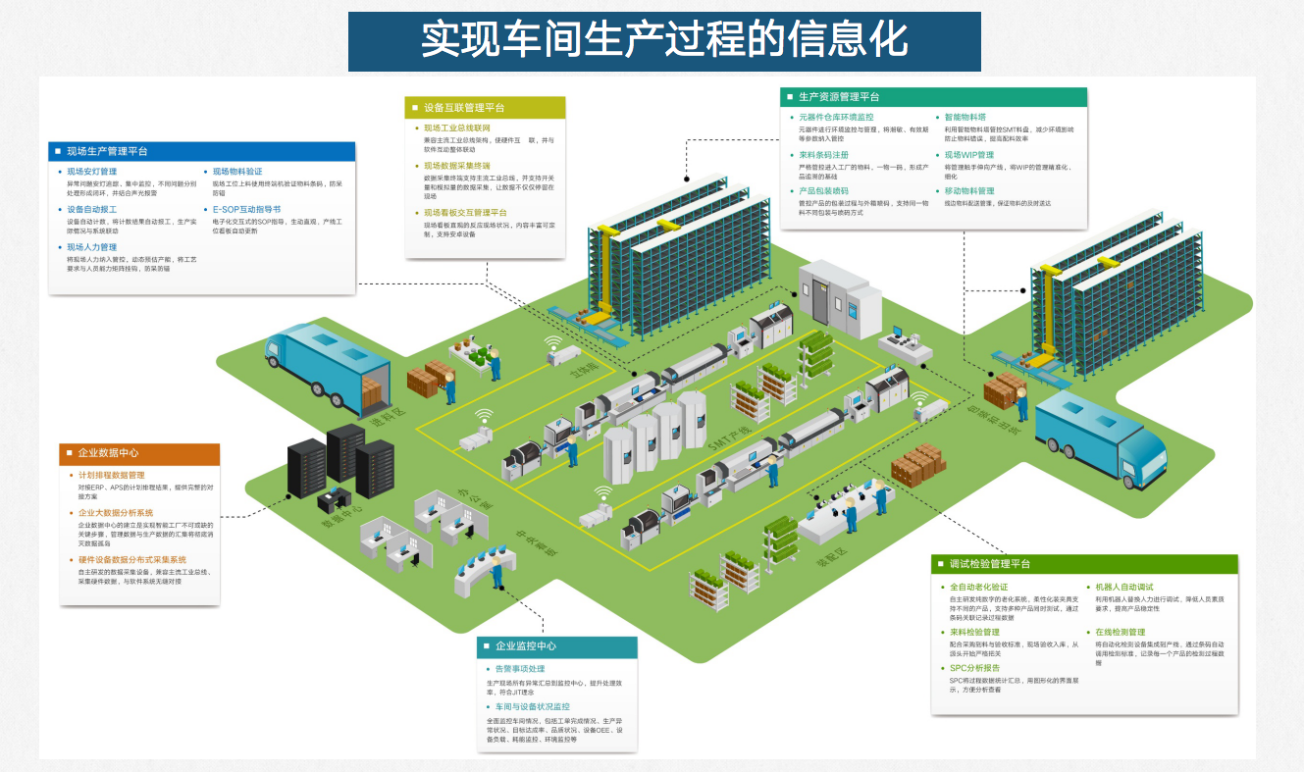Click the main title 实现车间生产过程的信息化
tap(664, 41)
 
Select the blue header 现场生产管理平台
tap(107, 151)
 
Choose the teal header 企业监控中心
tap(526, 646)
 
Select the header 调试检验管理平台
tap(990, 564)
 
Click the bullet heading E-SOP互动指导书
tap(246, 209)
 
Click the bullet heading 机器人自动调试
tap(1123, 587)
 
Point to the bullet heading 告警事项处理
tap(519, 669)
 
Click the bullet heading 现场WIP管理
tap(968, 154)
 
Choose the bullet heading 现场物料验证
tap(237, 172)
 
